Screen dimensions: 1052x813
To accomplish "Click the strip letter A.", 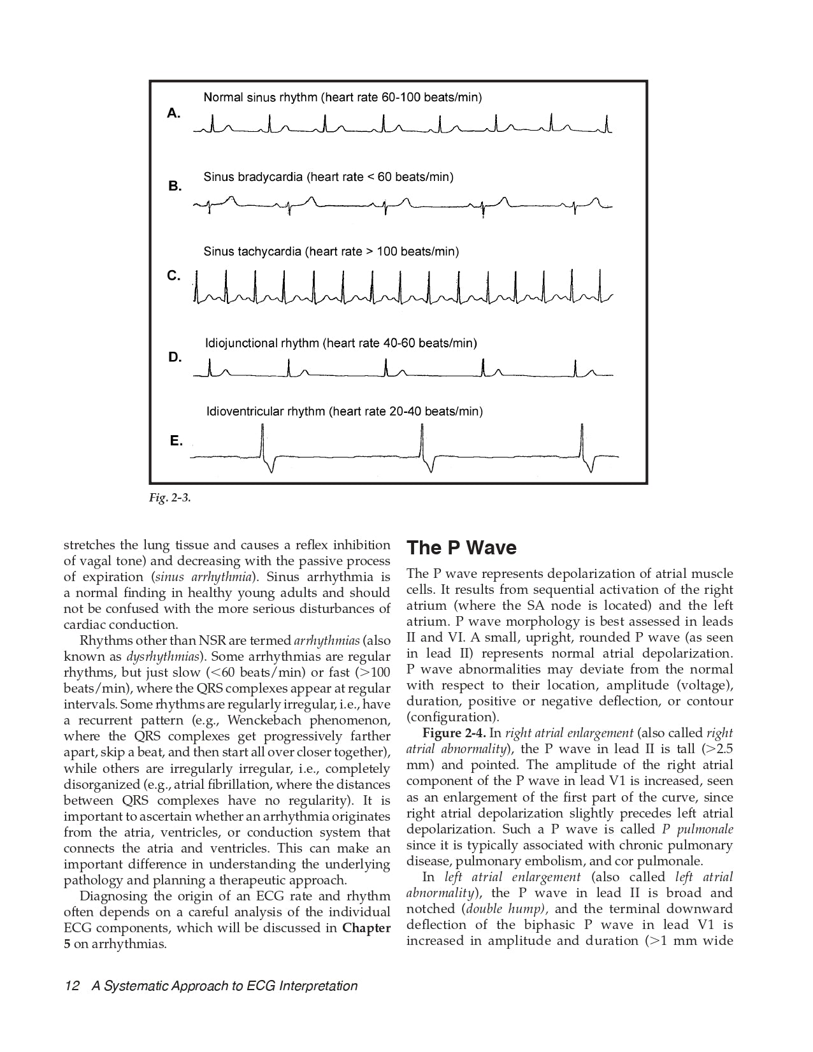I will point(173,113).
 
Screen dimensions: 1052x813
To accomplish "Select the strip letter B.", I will point(175,187).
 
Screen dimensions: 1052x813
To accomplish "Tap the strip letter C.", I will point(173,276).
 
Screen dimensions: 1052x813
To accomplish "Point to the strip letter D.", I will point(175,357).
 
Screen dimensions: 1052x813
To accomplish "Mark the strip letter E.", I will point(176,441).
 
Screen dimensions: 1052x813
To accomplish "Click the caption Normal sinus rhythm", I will point(342,97).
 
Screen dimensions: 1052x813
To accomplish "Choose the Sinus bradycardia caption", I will point(328,177).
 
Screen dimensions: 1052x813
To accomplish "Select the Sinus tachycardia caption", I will point(331,252).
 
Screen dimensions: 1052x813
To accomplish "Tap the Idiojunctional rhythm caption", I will point(341,343).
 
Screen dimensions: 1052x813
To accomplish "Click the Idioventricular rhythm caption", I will point(344,412).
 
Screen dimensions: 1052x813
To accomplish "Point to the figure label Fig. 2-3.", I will point(169,498).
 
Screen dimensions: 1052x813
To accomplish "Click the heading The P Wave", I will point(461,548).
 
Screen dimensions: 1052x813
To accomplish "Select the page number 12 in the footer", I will point(71,986).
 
